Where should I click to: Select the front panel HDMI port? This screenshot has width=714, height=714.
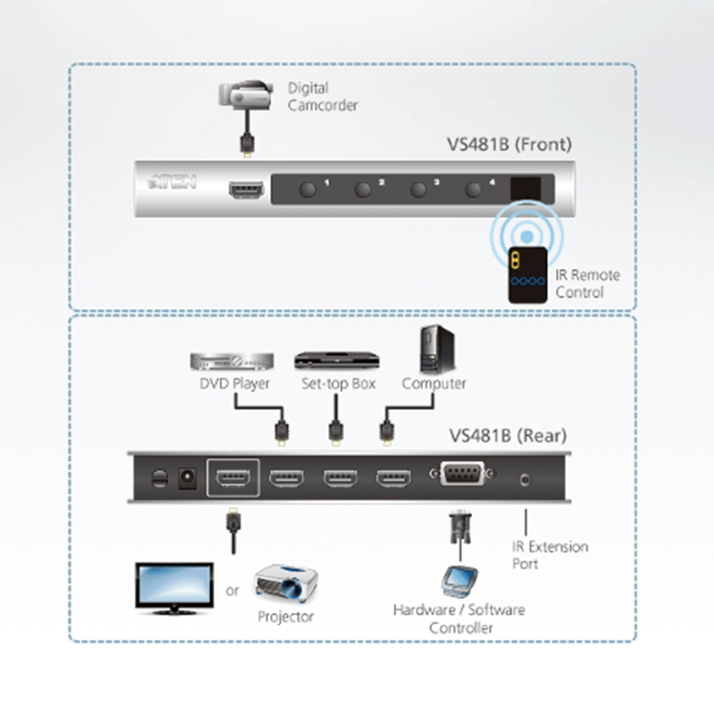click(245, 190)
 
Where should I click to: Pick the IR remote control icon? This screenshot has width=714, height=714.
click(526, 272)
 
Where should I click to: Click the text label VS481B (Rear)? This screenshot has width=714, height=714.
click(508, 436)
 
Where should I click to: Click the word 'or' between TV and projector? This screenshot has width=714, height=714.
click(232, 590)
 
